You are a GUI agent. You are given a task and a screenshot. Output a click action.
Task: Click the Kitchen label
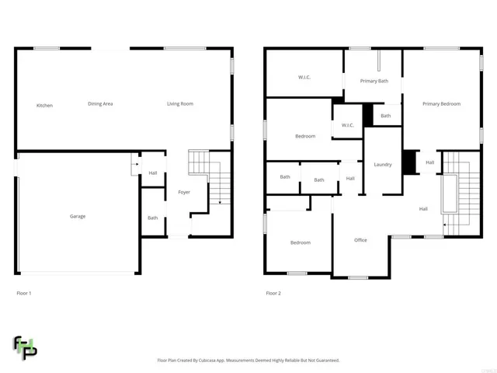point(44,105)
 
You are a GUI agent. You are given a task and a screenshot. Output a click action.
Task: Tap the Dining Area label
point(100,103)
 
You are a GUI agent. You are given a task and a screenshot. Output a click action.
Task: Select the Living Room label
point(180,103)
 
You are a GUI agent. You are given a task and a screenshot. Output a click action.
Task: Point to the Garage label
point(78,216)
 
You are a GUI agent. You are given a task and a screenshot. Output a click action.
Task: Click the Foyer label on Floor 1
point(184,192)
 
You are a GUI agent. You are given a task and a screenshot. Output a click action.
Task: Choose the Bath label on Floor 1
point(153,218)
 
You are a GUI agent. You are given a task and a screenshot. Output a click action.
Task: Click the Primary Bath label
point(374,80)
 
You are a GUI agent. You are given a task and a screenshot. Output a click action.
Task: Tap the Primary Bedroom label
point(441,103)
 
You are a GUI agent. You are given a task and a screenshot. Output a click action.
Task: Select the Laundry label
point(382,165)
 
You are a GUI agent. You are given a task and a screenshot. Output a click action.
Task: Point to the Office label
point(360,240)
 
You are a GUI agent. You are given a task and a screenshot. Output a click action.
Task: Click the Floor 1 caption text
point(24,293)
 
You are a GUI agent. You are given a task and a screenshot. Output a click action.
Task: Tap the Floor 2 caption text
point(273,293)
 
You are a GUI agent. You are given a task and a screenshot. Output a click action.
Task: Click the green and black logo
point(25,347)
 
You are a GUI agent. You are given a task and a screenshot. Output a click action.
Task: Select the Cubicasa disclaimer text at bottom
point(248,361)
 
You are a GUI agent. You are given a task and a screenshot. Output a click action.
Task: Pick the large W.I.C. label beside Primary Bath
point(304,77)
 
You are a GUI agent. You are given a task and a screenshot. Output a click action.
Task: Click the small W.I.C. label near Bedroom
point(347,125)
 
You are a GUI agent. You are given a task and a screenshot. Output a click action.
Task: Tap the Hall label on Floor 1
point(153,173)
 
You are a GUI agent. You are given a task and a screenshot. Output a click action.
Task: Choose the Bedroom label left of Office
point(300,242)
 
